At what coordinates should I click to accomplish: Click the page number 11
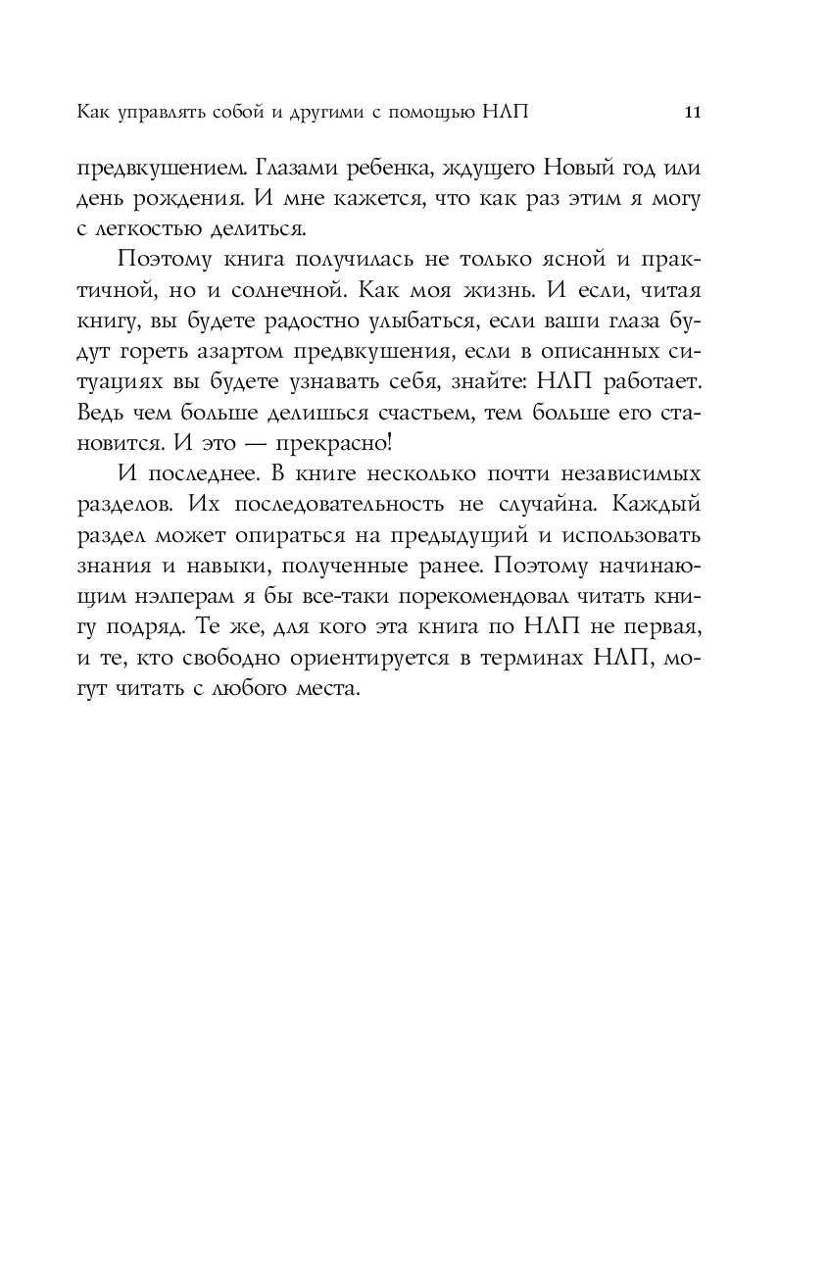coord(692,112)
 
